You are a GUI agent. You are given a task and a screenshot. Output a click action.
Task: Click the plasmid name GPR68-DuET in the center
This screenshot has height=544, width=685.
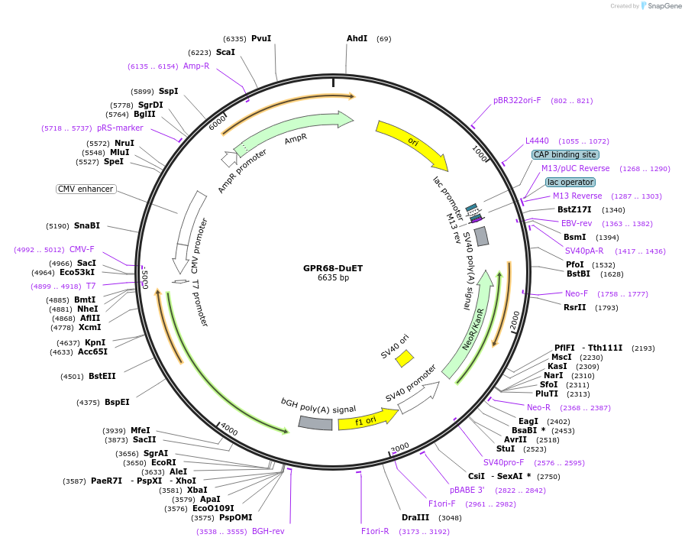pos(333,268)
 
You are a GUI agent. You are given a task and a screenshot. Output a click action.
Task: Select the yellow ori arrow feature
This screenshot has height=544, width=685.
pos(412,144)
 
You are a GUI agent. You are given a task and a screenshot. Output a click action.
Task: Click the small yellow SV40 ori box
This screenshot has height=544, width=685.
pos(404,358)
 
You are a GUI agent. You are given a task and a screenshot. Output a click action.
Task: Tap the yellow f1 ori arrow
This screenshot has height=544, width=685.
pos(367,419)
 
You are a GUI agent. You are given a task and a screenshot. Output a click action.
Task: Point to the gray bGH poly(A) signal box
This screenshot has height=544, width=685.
pos(315,423)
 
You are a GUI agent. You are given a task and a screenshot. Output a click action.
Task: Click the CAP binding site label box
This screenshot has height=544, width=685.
pos(565,154)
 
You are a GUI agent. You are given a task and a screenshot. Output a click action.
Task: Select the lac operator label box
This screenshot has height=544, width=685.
pos(570,182)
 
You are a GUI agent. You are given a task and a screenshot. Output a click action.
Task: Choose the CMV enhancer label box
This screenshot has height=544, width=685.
pos(86,189)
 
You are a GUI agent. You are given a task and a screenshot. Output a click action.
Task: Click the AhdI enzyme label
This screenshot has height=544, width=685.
pos(357,38)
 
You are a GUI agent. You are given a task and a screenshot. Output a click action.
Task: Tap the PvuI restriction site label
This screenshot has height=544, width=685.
pos(261,38)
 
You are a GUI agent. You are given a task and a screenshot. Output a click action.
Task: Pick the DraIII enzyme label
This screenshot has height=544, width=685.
pos(415,517)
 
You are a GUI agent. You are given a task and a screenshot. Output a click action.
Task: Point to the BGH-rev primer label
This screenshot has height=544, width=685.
pos(268,531)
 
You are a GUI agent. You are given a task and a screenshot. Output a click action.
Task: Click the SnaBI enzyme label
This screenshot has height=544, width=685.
pos(87,225)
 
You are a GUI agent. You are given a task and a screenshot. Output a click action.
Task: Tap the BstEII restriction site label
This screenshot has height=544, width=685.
pos(102,375)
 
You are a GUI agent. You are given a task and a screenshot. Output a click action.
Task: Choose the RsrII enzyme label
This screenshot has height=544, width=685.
pos(575,307)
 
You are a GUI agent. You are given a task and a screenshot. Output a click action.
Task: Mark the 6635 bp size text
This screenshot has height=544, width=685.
pos(333,278)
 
